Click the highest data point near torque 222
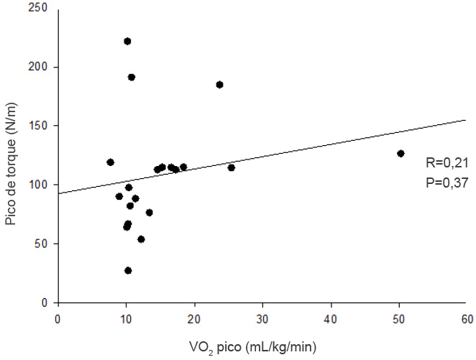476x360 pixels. [127, 41]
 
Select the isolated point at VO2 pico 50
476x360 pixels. [401, 153]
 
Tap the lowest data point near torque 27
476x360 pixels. [128, 270]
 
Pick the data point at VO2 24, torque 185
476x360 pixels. [219, 84]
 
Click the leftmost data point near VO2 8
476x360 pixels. [110, 162]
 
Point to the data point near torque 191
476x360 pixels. [132, 77]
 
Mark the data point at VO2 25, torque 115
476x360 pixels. [231, 167]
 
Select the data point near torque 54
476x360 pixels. [141, 239]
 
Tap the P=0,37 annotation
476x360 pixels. [439, 183]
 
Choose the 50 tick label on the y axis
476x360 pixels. [45, 244]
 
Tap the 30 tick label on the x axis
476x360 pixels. [262, 317]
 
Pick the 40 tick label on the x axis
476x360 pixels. [331, 317]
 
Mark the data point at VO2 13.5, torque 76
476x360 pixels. [149, 212]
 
